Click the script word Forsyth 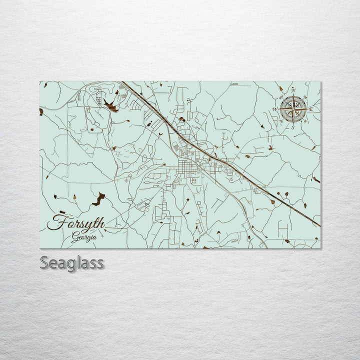coord(76,223)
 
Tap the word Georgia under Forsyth coord(83,237)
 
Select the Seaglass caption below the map coord(72,262)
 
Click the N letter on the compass coord(293,90)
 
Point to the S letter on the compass coord(292,127)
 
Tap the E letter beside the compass coord(311,109)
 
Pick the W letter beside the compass coord(274,109)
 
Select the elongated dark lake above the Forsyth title coord(98,199)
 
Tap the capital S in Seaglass coord(44,262)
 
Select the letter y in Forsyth coord(86,225)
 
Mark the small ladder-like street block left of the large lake coord(98,98)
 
